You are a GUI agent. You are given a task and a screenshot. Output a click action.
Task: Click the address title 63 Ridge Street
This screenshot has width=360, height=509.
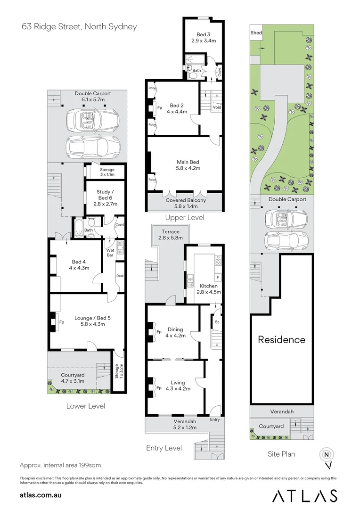coord(79,26)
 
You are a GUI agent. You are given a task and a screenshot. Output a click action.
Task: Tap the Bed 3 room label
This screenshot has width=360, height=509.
coord(203,38)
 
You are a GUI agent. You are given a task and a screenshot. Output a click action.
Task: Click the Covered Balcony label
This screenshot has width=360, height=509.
coord(185,203)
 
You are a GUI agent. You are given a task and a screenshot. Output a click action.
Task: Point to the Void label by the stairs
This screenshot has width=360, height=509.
coord(217,107)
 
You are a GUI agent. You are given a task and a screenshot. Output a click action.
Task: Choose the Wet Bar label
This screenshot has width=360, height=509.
coord(110,253)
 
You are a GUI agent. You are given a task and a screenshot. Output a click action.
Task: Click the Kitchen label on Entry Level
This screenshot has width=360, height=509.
coord(208,289)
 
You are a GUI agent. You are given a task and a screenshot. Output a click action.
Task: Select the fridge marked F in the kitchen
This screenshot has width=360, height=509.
coord(218,276)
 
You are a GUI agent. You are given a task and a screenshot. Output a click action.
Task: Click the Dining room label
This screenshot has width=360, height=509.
coord(175,332)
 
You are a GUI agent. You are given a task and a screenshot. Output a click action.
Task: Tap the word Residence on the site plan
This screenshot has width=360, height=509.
coord(281,339)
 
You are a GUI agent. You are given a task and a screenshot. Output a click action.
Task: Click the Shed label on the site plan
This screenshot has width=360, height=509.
coord(256,33)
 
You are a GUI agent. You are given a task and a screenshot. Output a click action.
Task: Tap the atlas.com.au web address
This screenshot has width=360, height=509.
coord(41,495)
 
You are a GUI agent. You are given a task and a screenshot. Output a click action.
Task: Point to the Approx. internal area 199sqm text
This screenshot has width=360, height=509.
coord(60,465)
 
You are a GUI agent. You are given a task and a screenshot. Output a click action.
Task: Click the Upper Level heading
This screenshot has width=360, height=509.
coord(184,218)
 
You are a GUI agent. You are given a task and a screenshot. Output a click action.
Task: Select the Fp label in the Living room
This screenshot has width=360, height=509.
coord(159,387)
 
